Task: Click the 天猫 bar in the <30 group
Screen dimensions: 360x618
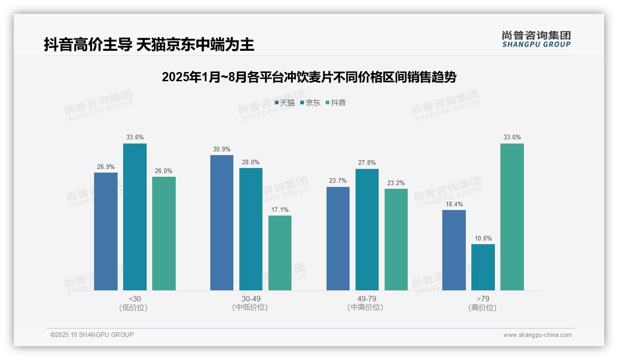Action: tap(106, 231)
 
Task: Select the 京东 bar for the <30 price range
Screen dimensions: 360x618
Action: tap(135, 217)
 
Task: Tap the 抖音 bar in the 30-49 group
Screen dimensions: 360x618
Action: tap(280, 253)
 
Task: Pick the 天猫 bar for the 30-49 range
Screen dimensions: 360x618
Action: tap(222, 222)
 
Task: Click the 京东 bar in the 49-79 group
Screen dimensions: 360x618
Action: tap(367, 229)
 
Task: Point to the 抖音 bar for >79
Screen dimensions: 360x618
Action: tap(512, 217)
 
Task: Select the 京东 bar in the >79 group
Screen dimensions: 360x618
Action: tap(483, 267)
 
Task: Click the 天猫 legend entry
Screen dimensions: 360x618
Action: tap(285, 102)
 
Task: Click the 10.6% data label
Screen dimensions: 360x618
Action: tap(483, 238)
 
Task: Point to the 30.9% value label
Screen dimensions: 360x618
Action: tap(222, 149)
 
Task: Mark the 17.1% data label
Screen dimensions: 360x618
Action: tap(280, 210)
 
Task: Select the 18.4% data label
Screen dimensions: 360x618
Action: tap(454, 204)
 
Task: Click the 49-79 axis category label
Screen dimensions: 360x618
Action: tap(367, 299)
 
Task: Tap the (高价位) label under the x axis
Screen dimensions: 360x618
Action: tap(482, 307)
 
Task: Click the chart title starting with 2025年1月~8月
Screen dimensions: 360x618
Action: tap(309, 77)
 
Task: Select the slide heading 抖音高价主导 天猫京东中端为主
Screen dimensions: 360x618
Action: tap(149, 44)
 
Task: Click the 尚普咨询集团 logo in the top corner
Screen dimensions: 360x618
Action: tap(536, 39)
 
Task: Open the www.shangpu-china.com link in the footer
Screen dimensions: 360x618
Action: tap(537, 335)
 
